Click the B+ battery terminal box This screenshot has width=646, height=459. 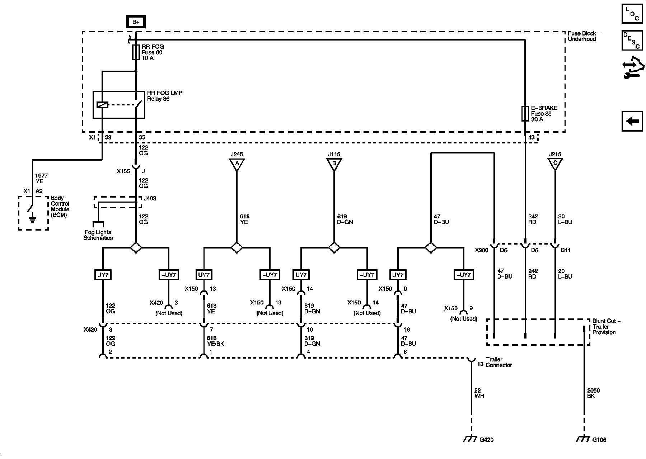pyautogui.click(x=136, y=22)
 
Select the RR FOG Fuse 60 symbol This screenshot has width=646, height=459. pyautogui.click(x=136, y=52)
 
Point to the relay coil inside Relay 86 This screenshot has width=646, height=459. pyautogui.click(x=102, y=105)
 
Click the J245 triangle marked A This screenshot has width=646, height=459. pyautogui.click(x=237, y=164)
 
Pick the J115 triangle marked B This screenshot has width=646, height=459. pyautogui.click(x=334, y=164)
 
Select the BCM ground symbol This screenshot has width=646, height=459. pyautogui.click(x=32, y=217)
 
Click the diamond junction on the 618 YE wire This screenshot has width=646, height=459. pyautogui.click(x=237, y=247)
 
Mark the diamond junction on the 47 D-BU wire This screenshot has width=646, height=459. pyautogui.click(x=430, y=247)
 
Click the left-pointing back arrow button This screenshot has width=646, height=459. pyautogui.click(x=632, y=121)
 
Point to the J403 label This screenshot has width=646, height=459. pyautogui.click(x=150, y=198)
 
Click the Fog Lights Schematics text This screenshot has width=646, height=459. pyautogui.click(x=98, y=235)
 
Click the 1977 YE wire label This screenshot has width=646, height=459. pyautogui.click(x=41, y=178)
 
